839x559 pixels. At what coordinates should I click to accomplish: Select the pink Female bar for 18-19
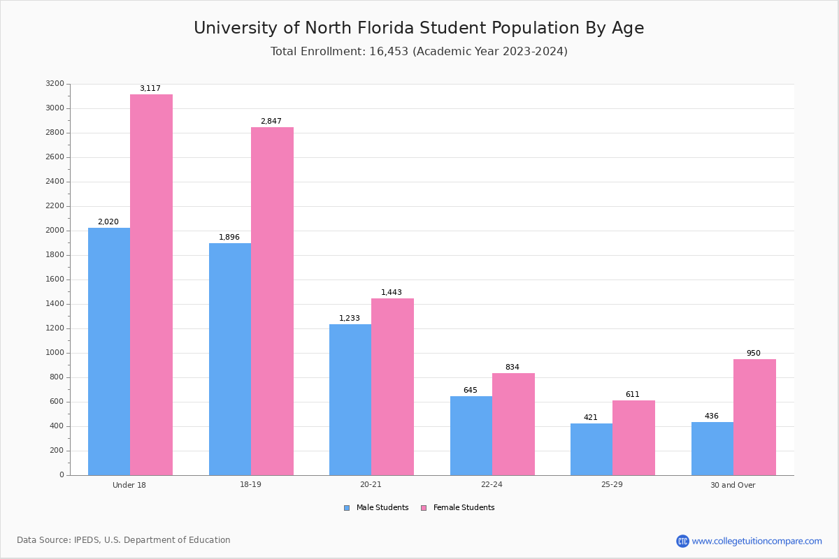272,301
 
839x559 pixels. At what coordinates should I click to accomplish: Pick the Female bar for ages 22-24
513,424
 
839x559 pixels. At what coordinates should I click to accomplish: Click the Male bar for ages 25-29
591,449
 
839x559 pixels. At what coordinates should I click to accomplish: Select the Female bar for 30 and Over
754,417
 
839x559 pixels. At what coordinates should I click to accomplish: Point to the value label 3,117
150,89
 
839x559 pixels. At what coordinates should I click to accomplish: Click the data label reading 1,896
229,238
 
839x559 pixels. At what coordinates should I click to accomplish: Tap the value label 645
470,391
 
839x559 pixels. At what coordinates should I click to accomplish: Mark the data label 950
753,354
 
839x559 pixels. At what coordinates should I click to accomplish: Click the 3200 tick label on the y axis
55,84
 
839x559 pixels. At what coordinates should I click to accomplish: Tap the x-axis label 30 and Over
733,485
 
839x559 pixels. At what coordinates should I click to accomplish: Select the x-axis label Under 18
129,485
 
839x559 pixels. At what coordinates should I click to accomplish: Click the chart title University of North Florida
419,29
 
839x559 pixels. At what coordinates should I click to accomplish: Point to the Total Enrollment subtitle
419,52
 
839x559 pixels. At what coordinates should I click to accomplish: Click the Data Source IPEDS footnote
124,540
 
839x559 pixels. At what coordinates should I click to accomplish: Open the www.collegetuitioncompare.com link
756,541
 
